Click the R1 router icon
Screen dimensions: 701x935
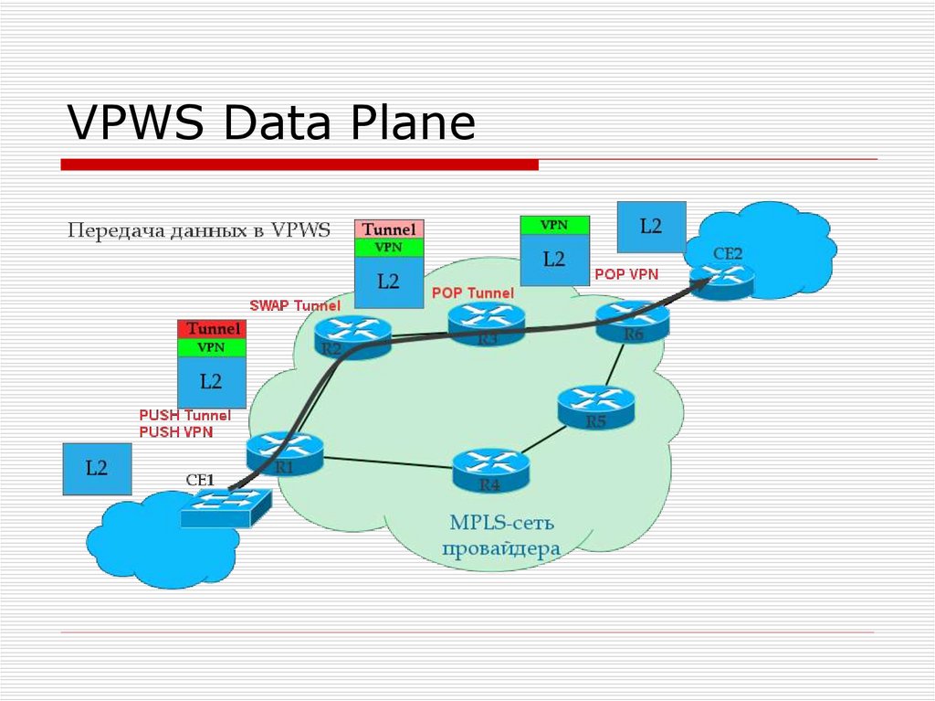[284, 452]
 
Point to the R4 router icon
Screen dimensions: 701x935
[491, 468]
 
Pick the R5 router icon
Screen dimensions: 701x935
[595, 407]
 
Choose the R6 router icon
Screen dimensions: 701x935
[633, 320]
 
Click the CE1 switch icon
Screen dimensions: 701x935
[226, 505]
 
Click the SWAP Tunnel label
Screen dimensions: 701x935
[295, 305]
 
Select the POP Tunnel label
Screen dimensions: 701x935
[472, 293]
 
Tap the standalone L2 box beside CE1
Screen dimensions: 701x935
[97, 469]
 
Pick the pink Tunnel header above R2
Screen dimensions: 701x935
[389, 229]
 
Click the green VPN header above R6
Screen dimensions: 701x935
[553, 225]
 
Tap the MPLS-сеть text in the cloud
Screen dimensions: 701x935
[501, 523]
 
